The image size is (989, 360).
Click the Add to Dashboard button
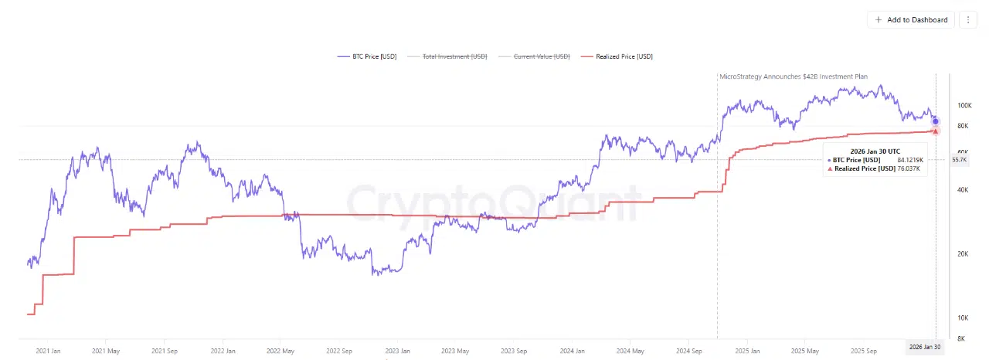pyautogui.click(x=911, y=19)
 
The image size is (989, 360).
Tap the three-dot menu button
pyautogui.click(x=968, y=19)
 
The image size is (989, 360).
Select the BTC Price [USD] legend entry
pyautogui.click(x=368, y=56)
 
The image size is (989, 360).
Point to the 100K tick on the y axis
pyautogui.click(x=964, y=105)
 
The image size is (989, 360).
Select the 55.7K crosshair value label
pyautogui.click(x=960, y=159)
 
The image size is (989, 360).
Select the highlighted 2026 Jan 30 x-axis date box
pyautogui.click(x=925, y=348)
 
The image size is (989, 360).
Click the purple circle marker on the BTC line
pyautogui.click(x=936, y=121)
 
